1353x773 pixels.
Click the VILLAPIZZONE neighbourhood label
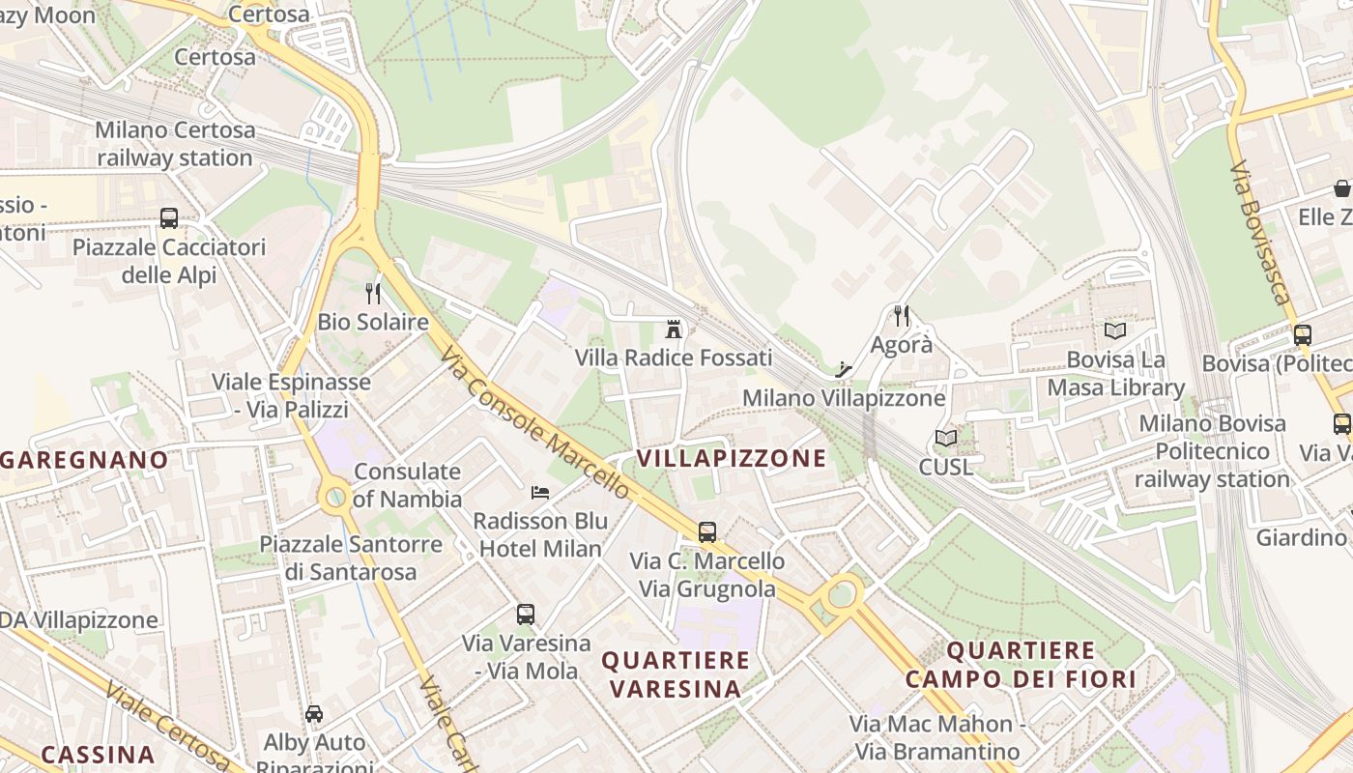(732, 458)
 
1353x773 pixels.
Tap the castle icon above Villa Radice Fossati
(674, 329)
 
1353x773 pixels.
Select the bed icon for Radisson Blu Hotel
(540, 493)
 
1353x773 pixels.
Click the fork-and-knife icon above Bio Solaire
(373, 294)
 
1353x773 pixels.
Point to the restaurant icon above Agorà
(902, 316)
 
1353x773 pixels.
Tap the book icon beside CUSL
(946, 439)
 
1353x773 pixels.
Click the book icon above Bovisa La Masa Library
(1115, 331)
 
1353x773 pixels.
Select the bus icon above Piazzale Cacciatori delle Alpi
(169, 218)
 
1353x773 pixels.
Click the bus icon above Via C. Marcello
(707, 531)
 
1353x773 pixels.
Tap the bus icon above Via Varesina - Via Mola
(526, 615)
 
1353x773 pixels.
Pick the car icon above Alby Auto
(314, 714)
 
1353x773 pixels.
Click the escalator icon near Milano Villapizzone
(844, 369)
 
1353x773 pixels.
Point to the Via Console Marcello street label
(534, 424)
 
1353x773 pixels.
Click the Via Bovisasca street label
(1261, 232)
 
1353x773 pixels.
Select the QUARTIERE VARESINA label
(676, 674)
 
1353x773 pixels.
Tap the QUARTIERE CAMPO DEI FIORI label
(1021, 665)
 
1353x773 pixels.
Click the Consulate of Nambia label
(407, 485)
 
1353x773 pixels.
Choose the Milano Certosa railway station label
(175, 144)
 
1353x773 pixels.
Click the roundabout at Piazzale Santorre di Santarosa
(335, 498)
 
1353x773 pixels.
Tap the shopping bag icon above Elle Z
(1341, 187)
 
